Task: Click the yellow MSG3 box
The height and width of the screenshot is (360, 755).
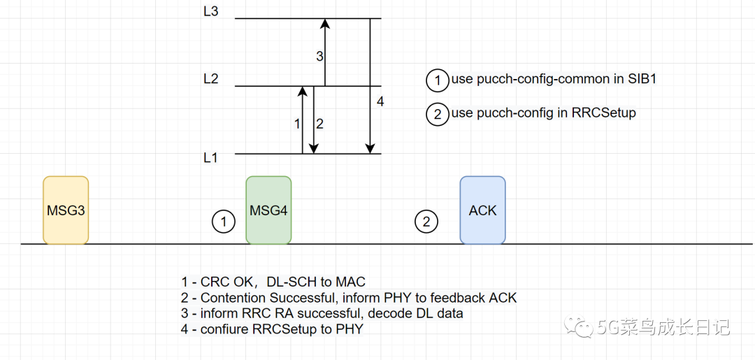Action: (66, 210)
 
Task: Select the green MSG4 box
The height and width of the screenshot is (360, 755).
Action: (268, 210)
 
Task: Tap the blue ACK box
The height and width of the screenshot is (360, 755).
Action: (482, 210)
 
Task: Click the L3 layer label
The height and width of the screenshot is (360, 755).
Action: (210, 12)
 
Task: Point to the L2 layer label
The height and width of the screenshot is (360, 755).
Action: (210, 79)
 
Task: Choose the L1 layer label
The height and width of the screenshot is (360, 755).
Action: (210, 158)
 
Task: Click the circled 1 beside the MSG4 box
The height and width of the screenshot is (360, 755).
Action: (224, 222)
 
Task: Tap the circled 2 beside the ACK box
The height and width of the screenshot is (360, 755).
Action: (426, 222)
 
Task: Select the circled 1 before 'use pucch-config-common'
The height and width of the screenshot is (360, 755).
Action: (438, 80)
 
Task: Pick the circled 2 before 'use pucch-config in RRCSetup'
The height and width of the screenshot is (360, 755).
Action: (438, 113)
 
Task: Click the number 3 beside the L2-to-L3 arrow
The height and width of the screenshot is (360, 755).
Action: (319, 57)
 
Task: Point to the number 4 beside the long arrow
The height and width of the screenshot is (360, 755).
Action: (380, 102)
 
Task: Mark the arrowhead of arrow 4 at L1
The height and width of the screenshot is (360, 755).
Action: (370, 148)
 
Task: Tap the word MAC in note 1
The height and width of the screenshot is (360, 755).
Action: (351, 282)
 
